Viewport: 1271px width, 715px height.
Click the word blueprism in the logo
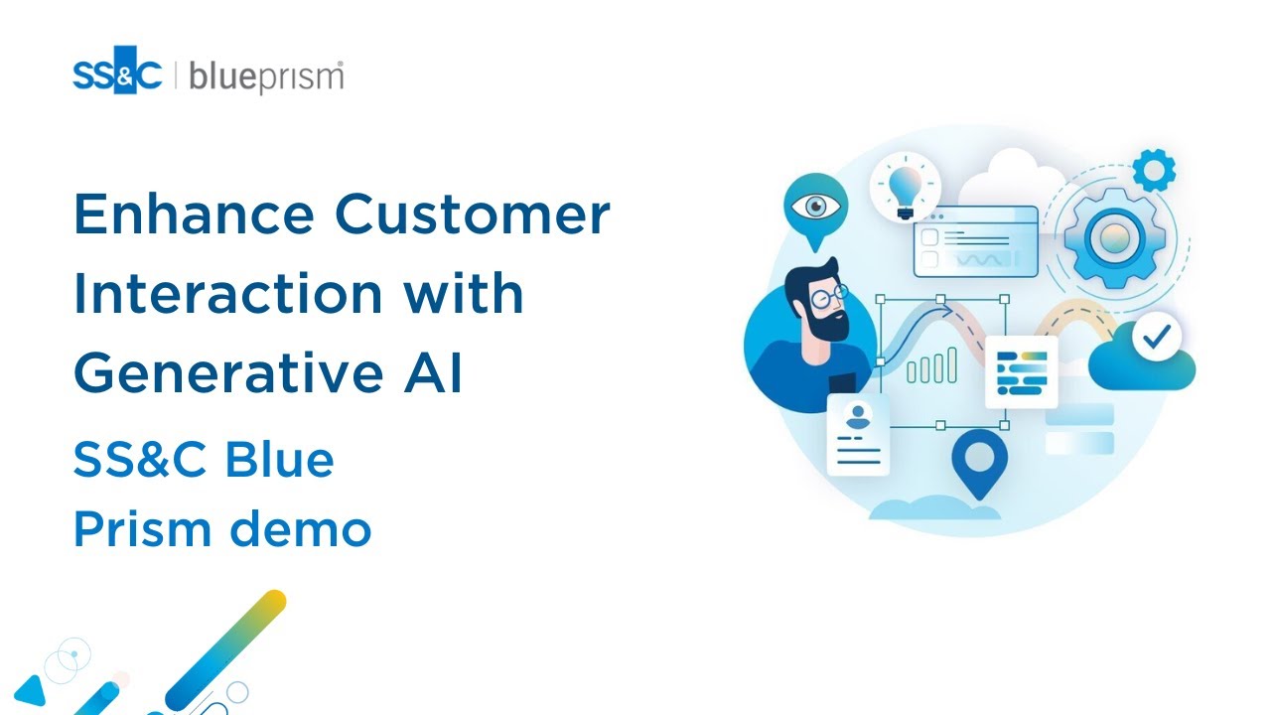(266, 76)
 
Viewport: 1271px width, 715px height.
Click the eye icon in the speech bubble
(815, 206)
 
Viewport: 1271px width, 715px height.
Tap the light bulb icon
(905, 186)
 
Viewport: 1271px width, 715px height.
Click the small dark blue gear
(1153, 170)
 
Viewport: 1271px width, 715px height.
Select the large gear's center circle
(1106, 238)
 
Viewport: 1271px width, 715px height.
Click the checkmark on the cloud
(1156, 338)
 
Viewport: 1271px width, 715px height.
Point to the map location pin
(979, 460)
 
